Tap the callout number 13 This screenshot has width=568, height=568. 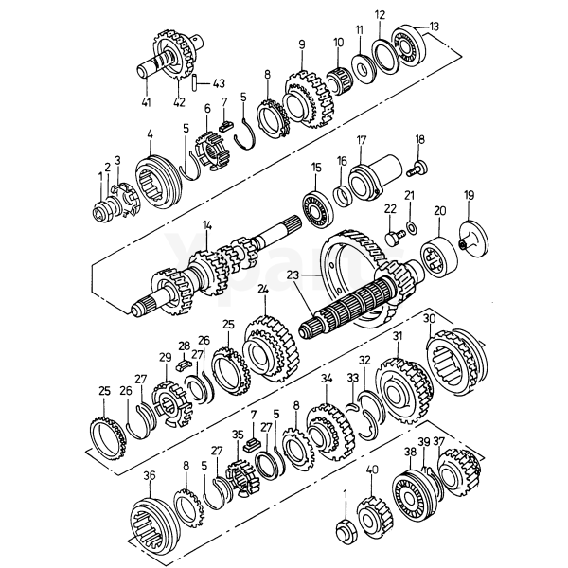435,26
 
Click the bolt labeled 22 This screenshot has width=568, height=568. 390,238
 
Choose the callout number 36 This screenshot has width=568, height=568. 149,475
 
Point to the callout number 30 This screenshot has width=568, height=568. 428,319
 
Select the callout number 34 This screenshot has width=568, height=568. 326,379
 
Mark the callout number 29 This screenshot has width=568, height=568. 165,357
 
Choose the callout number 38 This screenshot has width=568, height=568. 409,453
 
